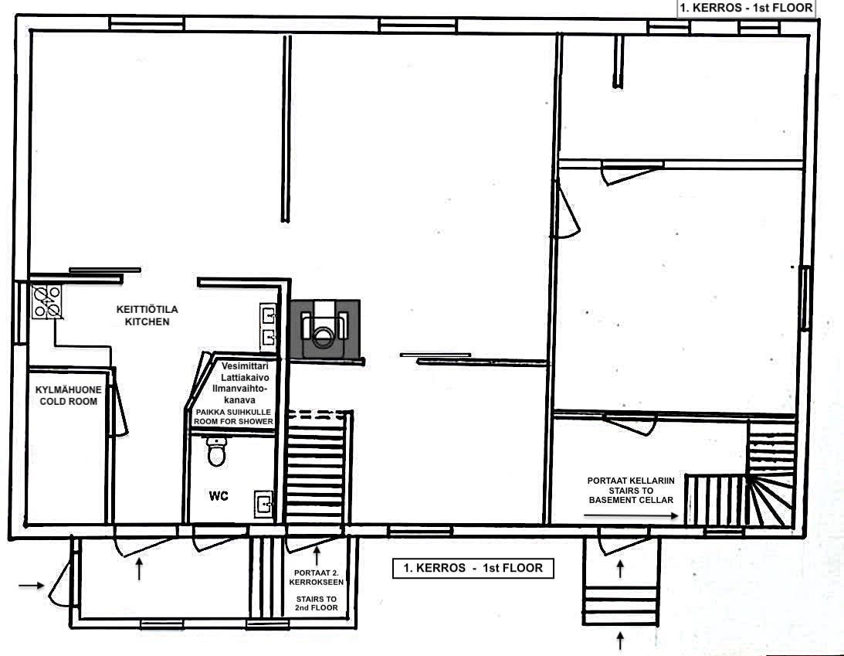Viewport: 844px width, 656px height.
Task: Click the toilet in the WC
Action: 217,451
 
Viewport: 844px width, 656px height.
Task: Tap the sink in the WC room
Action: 264,505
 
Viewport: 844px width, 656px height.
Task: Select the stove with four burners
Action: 46,302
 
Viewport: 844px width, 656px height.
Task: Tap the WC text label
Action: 219,497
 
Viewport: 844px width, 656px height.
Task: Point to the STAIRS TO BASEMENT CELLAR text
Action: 632,490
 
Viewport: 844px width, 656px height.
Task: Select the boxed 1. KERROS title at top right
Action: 745,8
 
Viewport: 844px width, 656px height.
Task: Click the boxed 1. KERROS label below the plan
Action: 473,568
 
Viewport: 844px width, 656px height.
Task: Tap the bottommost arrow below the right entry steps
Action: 620,641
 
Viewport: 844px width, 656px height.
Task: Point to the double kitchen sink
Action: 269,325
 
